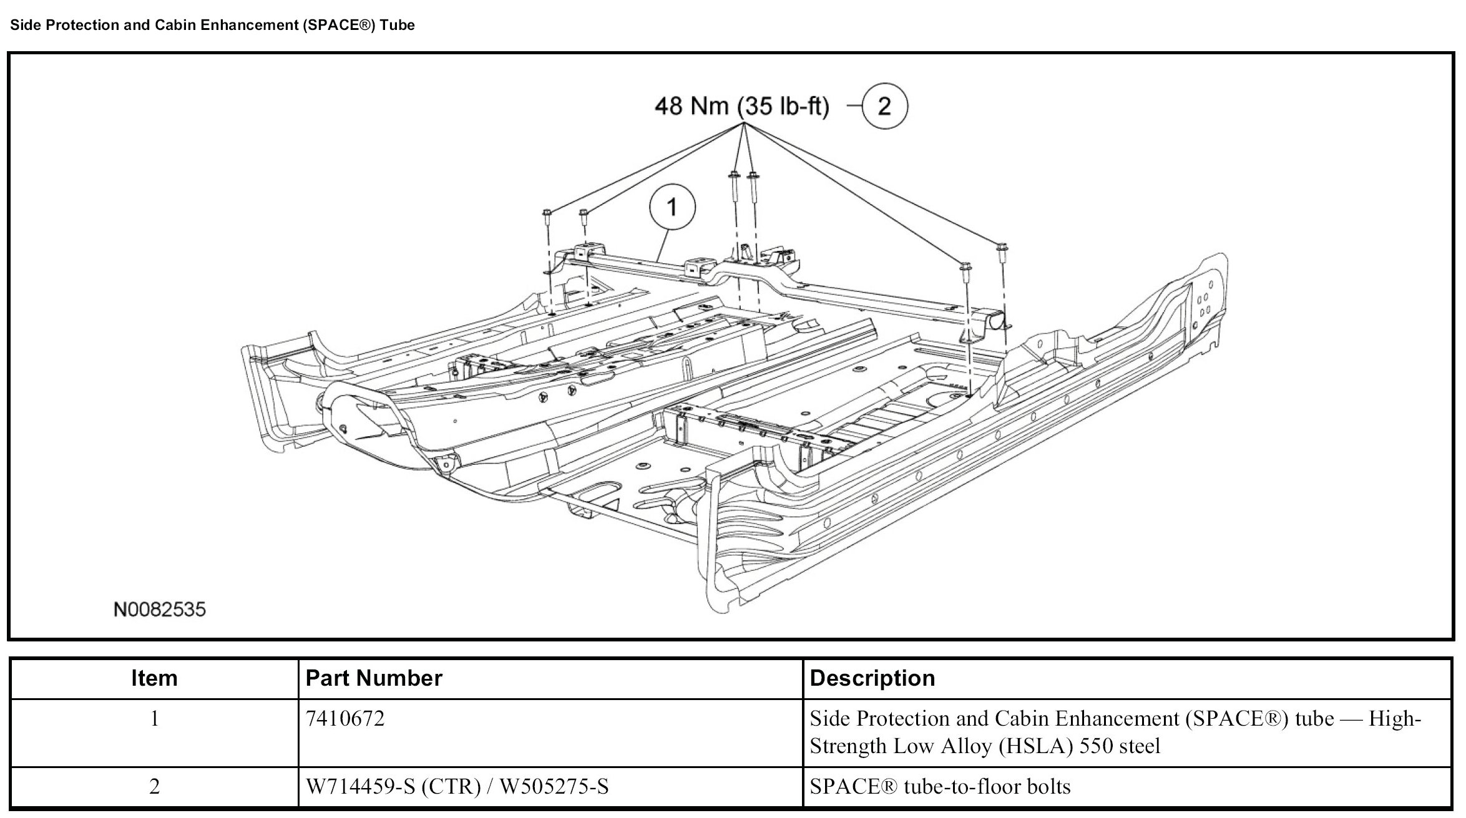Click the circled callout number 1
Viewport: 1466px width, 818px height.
click(x=672, y=207)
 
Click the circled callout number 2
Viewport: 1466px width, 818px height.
click(x=884, y=106)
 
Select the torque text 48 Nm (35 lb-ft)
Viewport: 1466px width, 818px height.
click(x=741, y=107)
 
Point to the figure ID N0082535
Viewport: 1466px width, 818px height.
click(x=160, y=610)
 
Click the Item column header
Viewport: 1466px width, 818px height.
click(x=154, y=678)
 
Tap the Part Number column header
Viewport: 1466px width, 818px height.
click(x=374, y=678)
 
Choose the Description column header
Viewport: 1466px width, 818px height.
click(x=872, y=678)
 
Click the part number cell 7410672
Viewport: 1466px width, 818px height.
click(x=345, y=719)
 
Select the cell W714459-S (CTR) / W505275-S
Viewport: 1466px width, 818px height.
click(x=457, y=786)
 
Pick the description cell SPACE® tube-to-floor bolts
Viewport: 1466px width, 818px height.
click(x=940, y=786)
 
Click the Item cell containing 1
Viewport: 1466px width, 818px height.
click(x=154, y=719)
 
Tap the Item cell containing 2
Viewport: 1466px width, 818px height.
click(x=154, y=786)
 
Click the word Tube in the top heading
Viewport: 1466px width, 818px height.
click(x=398, y=25)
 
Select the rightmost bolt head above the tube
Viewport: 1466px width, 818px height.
click(x=1001, y=247)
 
